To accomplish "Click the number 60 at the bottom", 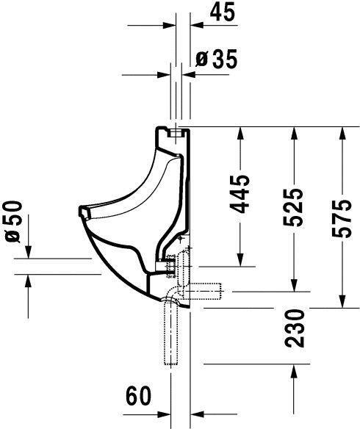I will pos(137,396).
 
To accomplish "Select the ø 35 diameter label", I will pos(217,60).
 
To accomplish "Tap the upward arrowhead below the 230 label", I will pos(295,370).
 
